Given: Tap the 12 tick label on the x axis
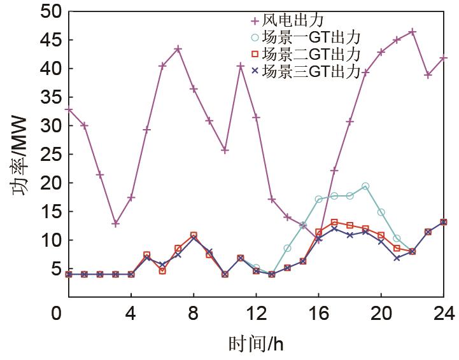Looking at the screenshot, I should click(256, 314).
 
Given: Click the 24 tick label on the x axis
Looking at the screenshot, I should click(444, 314).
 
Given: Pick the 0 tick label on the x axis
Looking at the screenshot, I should click(58, 314).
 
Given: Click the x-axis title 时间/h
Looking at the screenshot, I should click(256, 344).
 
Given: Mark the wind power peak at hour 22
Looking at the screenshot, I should click(413, 31).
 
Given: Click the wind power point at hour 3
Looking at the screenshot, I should click(115, 223).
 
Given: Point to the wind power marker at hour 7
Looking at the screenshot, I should click(178, 48).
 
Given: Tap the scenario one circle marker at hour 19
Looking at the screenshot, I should click(365, 186).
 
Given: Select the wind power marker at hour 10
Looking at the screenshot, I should click(225, 150).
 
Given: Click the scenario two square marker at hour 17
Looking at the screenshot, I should click(334, 223).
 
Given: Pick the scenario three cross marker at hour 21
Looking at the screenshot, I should click(397, 258).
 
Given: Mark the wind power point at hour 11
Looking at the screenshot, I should click(241, 66).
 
